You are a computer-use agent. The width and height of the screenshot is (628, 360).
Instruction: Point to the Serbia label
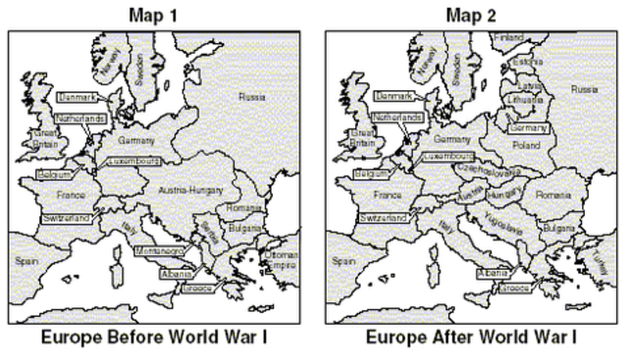click(x=208, y=236)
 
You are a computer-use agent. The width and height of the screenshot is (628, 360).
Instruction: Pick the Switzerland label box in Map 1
click(x=68, y=218)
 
